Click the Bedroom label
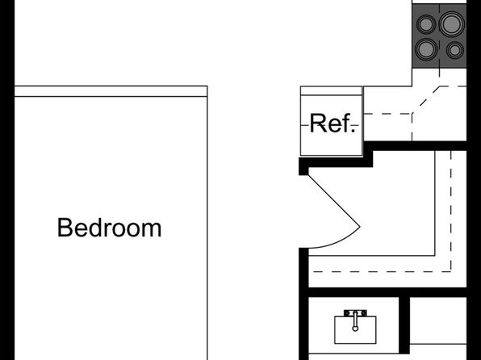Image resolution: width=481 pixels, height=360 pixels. pyautogui.click(x=109, y=228)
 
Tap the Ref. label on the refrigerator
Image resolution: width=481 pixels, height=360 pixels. pyautogui.click(x=333, y=123)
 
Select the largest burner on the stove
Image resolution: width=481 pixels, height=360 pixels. pyautogui.click(x=451, y=23)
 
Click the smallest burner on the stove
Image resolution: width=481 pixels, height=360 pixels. pyautogui.click(x=455, y=50)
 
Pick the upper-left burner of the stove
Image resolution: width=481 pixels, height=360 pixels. pyautogui.click(x=426, y=24)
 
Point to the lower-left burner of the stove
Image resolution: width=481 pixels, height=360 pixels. pyautogui.click(x=426, y=49)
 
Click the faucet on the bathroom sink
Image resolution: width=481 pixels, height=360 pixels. pyautogui.click(x=355, y=320)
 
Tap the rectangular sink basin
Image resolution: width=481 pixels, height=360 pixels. pyautogui.click(x=355, y=330)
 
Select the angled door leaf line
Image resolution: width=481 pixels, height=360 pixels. pyautogui.click(x=334, y=200)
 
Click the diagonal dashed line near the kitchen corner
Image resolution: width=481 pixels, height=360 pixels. pyautogui.click(x=426, y=100)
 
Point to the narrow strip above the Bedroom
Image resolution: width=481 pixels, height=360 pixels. pyautogui.click(x=111, y=91)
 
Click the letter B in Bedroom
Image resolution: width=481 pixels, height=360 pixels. pyautogui.click(x=64, y=228)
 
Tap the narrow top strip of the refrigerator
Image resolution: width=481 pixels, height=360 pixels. pyautogui.click(x=332, y=91)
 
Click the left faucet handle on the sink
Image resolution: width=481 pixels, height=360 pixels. pyautogui.click(x=347, y=313)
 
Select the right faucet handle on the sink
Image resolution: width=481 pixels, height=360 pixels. pyautogui.click(x=364, y=313)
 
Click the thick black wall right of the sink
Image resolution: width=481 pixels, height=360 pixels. pyautogui.click(x=404, y=325)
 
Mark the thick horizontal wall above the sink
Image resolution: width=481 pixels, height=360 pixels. pyautogui.click(x=387, y=292)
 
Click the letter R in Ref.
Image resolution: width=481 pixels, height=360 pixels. pyautogui.click(x=317, y=123)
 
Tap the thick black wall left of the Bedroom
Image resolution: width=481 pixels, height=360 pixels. pyautogui.click(x=7, y=180)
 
